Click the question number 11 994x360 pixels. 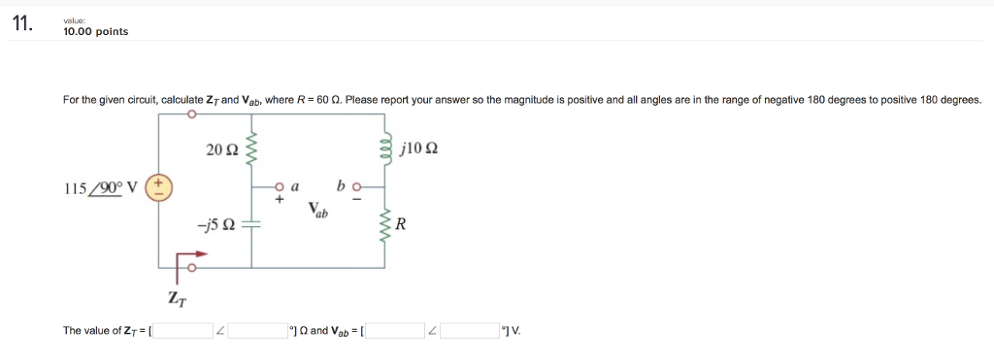[x=22, y=26]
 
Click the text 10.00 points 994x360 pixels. [x=95, y=31]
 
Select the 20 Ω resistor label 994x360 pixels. [x=221, y=149]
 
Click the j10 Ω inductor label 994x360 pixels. [x=419, y=149]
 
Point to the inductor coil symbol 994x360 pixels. [x=389, y=148]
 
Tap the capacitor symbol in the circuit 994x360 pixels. [x=252, y=224]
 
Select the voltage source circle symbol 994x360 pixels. [x=160, y=187]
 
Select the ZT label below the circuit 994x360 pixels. [x=175, y=298]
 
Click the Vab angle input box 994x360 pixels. [x=470, y=331]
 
